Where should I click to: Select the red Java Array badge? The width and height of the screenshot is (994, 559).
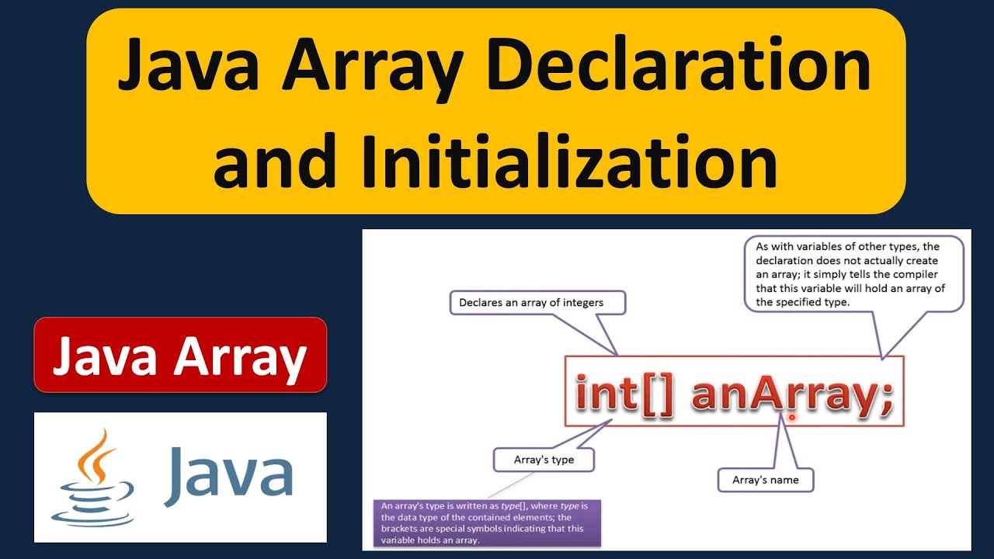click(x=180, y=355)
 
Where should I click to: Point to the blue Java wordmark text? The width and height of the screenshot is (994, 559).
click(x=228, y=476)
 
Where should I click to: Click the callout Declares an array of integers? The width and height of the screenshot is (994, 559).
click(x=537, y=303)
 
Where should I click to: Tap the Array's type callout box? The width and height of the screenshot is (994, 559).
click(x=544, y=460)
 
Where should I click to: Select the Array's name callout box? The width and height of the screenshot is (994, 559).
click(x=766, y=480)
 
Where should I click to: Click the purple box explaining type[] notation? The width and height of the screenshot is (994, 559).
click(x=487, y=523)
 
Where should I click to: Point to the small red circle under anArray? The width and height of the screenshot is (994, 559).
click(x=791, y=417)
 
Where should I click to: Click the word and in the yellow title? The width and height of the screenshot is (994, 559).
click(x=274, y=161)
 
